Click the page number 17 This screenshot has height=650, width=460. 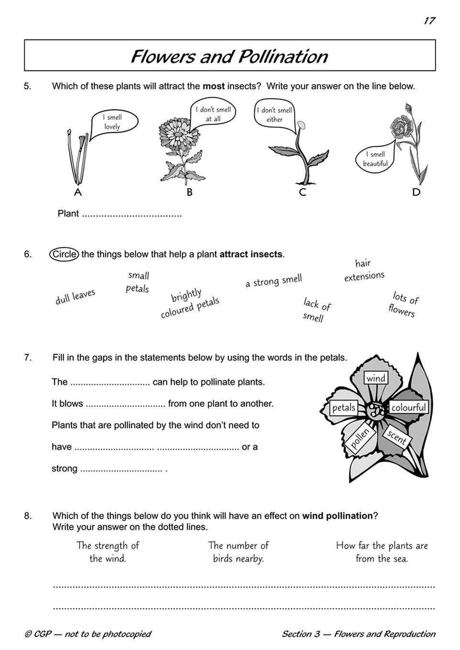pyautogui.click(x=429, y=21)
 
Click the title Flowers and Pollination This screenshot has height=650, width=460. pyautogui.click(x=229, y=56)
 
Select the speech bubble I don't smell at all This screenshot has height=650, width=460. pyautogui.click(x=213, y=114)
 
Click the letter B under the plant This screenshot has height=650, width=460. pyautogui.click(x=190, y=192)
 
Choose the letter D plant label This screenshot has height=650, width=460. pyautogui.click(x=416, y=192)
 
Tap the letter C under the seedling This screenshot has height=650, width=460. pyautogui.click(x=302, y=192)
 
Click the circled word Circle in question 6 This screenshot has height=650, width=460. pyautogui.click(x=64, y=254)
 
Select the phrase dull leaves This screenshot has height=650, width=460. pyautogui.click(x=76, y=296)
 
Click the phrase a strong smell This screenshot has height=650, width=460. pyautogui.click(x=274, y=281)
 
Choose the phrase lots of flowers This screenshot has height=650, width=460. pyautogui.click(x=403, y=304)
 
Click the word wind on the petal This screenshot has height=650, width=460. pyautogui.click(x=376, y=379)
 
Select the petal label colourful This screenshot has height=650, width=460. pyautogui.click(x=408, y=408)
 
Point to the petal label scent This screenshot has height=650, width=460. pyautogui.click(x=396, y=437)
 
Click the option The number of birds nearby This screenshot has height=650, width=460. pyautogui.click(x=238, y=552)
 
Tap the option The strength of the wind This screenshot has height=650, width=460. pyautogui.click(x=108, y=552)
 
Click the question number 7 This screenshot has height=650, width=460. pyautogui.click(x=28, y=357)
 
